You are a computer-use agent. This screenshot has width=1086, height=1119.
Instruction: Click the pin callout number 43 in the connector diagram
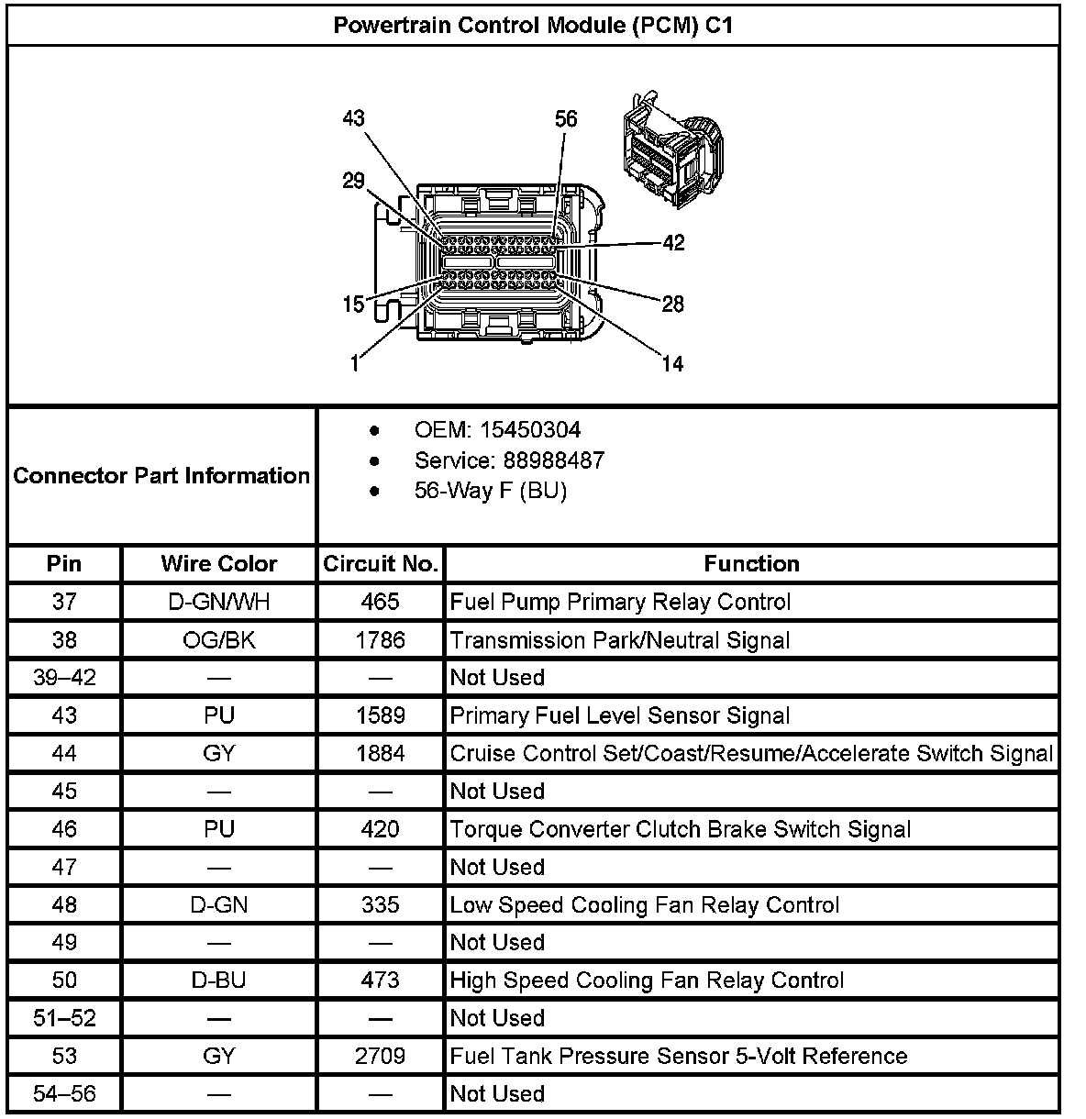click(353, 118)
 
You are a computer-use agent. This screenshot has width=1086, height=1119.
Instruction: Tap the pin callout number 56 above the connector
click(566, 119)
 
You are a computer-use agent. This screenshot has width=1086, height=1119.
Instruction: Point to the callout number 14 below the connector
click(672, 364)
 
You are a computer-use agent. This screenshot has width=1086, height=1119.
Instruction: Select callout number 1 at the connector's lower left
click(354, 363)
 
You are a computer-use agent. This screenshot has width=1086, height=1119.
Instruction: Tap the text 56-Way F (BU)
click(490, 491)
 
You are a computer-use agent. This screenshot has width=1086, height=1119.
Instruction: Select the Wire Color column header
click(218, 563)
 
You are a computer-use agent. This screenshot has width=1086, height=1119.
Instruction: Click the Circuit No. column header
click(380, 563)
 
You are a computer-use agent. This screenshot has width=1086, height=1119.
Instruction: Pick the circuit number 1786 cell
click(380, 639)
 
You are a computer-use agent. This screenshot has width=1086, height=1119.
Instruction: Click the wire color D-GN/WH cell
click(218, 602)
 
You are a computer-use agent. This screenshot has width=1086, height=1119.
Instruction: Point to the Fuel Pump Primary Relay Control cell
click(620, 602)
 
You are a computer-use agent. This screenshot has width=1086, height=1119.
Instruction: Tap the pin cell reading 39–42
click(64, 678)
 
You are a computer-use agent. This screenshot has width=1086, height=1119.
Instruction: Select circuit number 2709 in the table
click(380, 1056)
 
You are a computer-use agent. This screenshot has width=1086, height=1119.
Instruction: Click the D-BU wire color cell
click(218, 980)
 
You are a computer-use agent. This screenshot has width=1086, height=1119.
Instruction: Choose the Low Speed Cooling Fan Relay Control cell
click(644, 905)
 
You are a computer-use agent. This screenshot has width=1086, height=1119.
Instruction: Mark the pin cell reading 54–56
click(64, 1093)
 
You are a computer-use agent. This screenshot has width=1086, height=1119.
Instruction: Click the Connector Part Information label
click(161, 475)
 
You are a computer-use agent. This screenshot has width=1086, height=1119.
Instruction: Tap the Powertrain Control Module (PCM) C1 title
click(533, 25)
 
